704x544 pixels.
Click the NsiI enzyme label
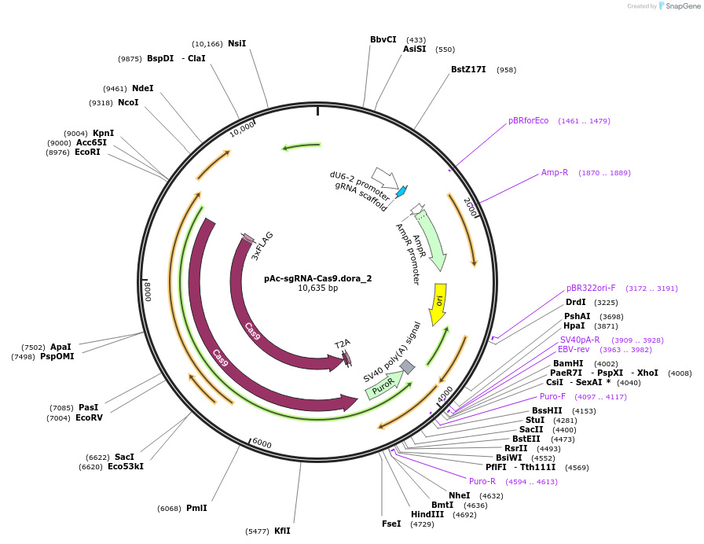tap(236, 43)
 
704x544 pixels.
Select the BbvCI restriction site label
tap(383, 39)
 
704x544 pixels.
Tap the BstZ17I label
tap(468, 69)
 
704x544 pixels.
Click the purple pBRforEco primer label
tap(528, 120)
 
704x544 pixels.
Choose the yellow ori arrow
tap(439, 303)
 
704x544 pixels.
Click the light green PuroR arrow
tap(384, 385)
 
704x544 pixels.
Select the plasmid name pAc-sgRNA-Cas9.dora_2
tap(317, 278)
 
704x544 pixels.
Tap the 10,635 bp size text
tap(317, 289)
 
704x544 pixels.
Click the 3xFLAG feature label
tap(262, 245)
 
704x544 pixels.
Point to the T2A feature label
tap(342, 344)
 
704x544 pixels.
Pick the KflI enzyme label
tap(282, 531)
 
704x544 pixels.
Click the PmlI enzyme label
tap(196, 508)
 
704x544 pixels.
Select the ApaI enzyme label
tap(60, 347)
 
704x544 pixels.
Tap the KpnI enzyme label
tap(103, 133)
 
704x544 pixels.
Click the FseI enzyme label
tap(391, 524)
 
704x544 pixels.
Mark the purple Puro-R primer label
tap(482, 481)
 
